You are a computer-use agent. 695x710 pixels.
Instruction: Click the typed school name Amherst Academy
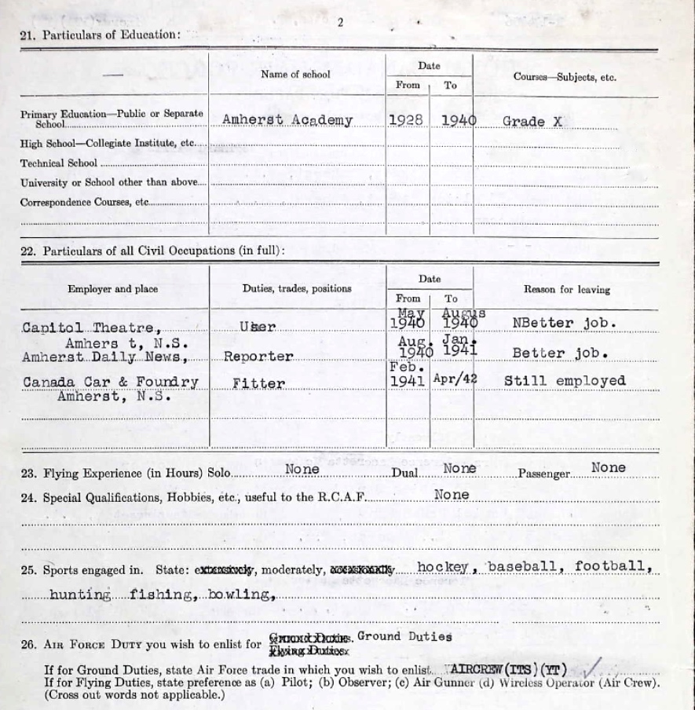point(287,121)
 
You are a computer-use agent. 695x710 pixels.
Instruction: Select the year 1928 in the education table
point(406,120)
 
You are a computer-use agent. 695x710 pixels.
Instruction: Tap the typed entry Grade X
point(534,121)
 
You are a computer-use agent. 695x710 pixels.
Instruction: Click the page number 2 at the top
point(340,22)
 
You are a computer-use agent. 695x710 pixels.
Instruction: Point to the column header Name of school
point(295,75)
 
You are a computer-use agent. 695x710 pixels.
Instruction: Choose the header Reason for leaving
point(566,290)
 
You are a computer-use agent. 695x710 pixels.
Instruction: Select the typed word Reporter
point(258,357)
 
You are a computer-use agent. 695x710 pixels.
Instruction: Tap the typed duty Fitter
point(258,384)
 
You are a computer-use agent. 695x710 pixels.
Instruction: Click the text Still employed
point(565,381)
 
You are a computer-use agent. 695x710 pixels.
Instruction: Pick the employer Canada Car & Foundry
point(111,382)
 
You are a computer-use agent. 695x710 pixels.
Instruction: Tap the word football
point(613,566)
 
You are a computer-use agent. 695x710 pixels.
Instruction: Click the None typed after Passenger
point(609,468)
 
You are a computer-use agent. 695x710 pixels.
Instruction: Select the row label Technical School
point(59,163)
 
